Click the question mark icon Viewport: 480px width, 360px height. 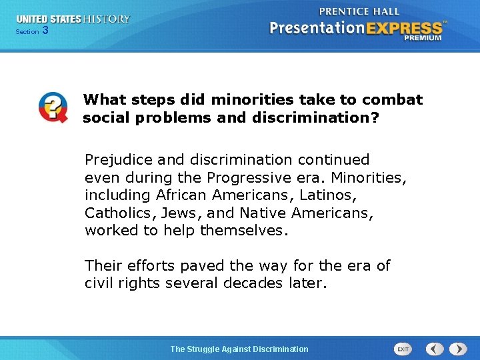pyautogui.click(x=53, y=107)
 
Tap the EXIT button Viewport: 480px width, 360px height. pyautogui.click(x=403, y=349)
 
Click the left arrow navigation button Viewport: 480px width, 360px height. pyautogui.click(x=435, y=349)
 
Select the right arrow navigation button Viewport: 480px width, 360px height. pyautogui.click(x=458, y=349)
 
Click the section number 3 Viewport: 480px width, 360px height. pyautogui.click(x=45, y=30)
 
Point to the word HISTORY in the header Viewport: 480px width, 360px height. pyautogui.click(x=107, y=19)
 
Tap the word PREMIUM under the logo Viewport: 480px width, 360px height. pyautogui.click(x=422, y=39)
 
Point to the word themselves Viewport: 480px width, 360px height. pyautogui.click(x=243, y=231)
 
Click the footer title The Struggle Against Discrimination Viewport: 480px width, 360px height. pyautogui.click(x=239, y=349)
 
